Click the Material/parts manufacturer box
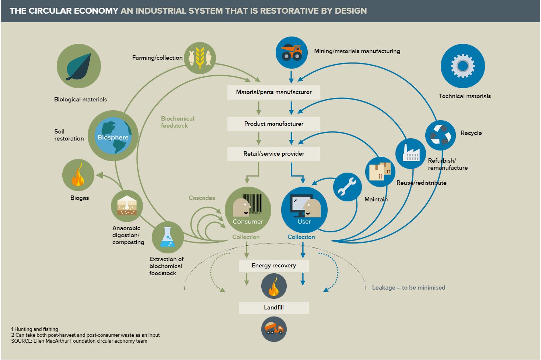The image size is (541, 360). coord(274,92)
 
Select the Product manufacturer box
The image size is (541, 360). coord(274,124)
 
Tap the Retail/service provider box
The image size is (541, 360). coord(274,154)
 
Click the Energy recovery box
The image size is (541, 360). coord(274,266)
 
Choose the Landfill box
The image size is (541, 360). coord(274,308)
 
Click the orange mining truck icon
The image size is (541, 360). coord(292,52)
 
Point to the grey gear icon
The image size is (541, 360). coord(463,66)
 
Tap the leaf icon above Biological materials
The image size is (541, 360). coord(79,66)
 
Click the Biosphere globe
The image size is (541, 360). coord(113,136)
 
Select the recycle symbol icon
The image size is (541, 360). coord(440,135)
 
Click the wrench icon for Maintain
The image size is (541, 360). coord(347,187)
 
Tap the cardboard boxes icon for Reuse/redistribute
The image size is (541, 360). coord(380,172)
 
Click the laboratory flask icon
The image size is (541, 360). coord(168,237)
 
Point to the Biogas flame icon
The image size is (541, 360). coord(78,175)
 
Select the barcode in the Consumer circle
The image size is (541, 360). coord(252,204)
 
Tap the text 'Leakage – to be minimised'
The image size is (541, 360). coord(408,287)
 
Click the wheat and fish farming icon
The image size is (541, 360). coord(200,58)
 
